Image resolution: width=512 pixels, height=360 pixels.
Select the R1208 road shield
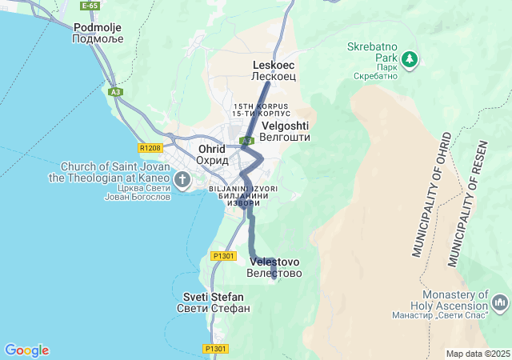pyautogui.click(x=150, y=148)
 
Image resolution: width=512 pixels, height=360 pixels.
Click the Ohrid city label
pyautogui.click(x=212, y=154)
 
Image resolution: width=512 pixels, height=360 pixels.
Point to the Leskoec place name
pyautogui.click(x=274, y=70)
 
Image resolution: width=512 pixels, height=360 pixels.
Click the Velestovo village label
pyautogui.click(x=274, y=267)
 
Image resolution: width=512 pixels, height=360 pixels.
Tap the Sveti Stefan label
pyautogui.click(x=213, y=302)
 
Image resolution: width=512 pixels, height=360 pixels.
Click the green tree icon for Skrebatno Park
pyautogui.click(x=410, y=59)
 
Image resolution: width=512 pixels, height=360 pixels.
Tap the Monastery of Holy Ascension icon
pyautogui.click(x=501, y=302)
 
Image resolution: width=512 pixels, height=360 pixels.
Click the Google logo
pyautogui.click(x=26, y=350)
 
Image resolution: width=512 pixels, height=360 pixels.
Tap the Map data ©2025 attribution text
pyautogui.click(x=478, y=354)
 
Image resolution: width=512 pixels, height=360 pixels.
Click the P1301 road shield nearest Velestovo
pyautogui.click(x=223, y=256)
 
